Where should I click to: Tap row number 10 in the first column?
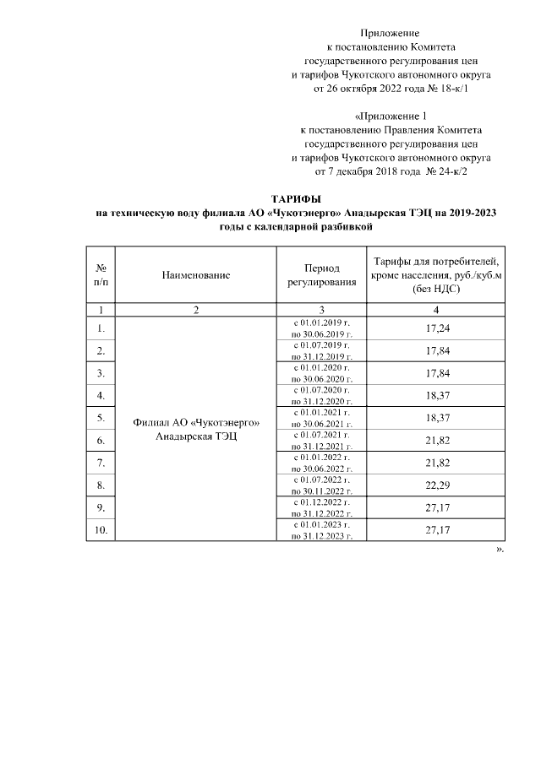pyautogui.click(x=101, y=529)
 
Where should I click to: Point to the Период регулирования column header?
pyautogui.click(x=321, y=274)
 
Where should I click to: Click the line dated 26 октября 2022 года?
pyautogui.click(x=391, y=88)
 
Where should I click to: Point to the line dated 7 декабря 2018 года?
pyautogui.click(x=391, y=171)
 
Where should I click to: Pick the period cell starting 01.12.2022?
pyautogui.click(x=321, y=507)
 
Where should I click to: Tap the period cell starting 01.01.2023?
pyautogui.click(x=321, y=529)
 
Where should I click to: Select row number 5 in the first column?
pyautogui.click(x=101, y=418)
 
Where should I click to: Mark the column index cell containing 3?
pyautogui.click(x=321, y=310)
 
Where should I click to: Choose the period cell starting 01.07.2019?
pyautogui.click(x=321, y=350)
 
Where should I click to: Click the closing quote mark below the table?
pyautogui.click(x=500, y=549)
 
